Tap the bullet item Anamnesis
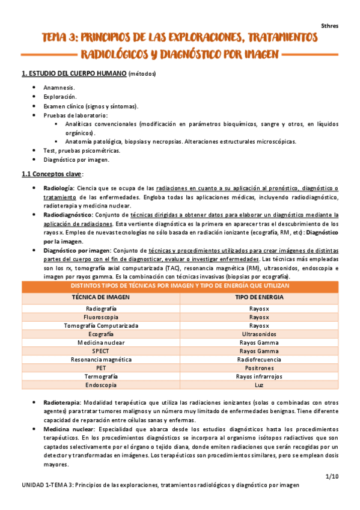[59, 88]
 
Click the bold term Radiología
[59, 188]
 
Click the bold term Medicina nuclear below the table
[69, 431]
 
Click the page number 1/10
[331, 476]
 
